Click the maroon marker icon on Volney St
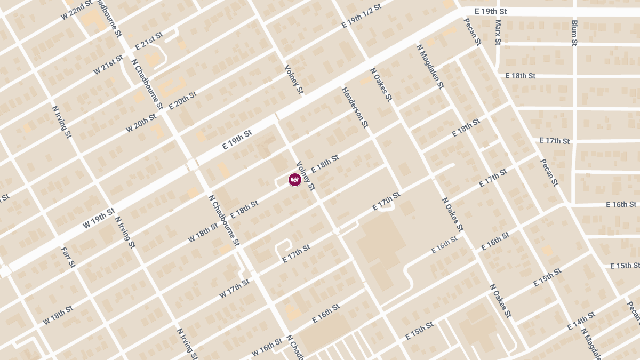point(295,180)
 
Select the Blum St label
point(574,32)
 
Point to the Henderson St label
point(355,107)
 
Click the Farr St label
point(68,257)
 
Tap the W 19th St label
point(99,219)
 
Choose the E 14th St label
point(581,320)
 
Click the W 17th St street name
point(235,288)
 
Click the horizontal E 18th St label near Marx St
point(520,76)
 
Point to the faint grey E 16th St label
point(444,245)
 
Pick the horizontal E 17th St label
point(555,141)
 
